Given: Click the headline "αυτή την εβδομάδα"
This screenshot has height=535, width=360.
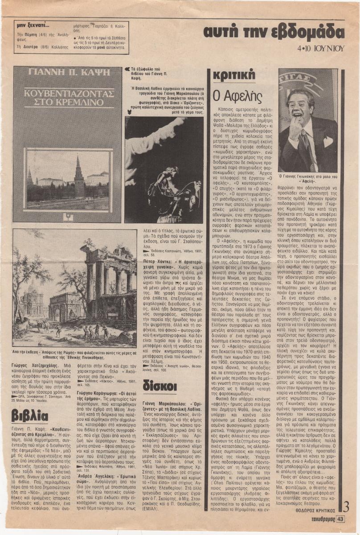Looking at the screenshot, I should click(274, 33).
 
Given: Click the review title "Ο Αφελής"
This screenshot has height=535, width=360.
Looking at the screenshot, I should click(233, 95).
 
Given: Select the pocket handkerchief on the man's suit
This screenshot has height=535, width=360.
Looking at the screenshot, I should click(328, 142).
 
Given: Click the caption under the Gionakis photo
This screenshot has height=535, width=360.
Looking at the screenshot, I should click(308, 179).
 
